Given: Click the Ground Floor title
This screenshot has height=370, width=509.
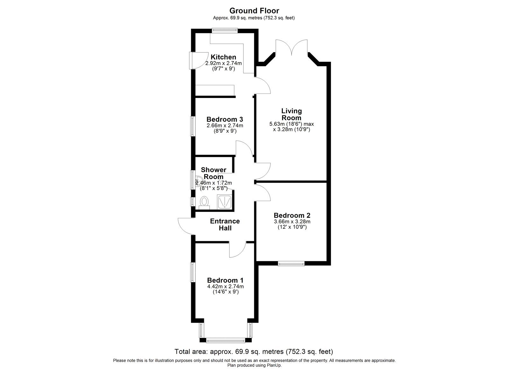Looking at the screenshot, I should tap(254, 11).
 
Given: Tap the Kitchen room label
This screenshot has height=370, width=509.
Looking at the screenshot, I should tap(224, 57).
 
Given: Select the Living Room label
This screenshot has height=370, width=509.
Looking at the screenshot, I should tap(291, 114).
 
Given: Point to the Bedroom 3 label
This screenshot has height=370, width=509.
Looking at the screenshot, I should tap(225, 119).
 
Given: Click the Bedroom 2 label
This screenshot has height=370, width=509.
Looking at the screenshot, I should tap(292, 215).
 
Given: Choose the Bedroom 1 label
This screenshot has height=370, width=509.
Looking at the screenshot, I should tap(225, 280).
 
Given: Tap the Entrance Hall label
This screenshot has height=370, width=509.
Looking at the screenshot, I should tap(225, 224).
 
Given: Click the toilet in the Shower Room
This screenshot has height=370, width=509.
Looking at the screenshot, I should tap(204, 202).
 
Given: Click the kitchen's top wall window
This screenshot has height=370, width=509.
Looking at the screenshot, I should tap(225, 31).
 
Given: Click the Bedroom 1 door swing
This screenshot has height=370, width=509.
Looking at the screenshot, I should tap(237, 250).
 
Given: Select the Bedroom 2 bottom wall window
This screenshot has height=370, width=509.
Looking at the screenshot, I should tap(291, 263).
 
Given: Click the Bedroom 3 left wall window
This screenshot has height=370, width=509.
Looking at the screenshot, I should tap(192, 126).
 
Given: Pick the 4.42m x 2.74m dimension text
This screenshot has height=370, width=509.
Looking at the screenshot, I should tap(225, 286).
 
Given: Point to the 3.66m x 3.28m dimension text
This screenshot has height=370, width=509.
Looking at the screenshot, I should tap(292, 221).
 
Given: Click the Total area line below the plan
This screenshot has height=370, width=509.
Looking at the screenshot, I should tap(254, 352).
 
